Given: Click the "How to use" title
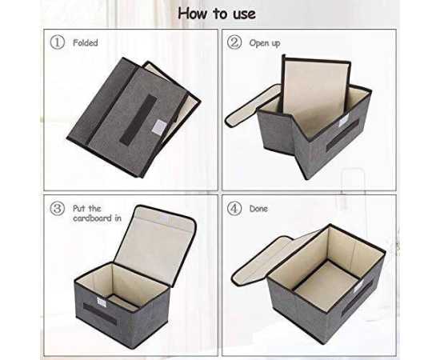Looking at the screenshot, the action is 217,14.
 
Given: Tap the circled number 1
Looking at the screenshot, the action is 58,42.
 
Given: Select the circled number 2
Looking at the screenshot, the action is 234,42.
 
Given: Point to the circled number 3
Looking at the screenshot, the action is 58,209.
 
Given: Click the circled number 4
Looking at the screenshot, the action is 234,209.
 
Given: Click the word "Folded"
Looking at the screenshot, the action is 86,43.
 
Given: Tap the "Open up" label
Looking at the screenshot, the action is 265,43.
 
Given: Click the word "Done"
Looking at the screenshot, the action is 258,209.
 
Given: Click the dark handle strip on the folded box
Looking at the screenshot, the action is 138,118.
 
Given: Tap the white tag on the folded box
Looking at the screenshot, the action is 159,126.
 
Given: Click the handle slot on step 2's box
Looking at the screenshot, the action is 342,135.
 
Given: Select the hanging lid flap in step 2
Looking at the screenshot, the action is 253,106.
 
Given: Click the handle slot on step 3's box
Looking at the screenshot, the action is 100,314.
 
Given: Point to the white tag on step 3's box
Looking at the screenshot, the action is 102,302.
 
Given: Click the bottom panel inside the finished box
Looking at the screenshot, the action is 327,285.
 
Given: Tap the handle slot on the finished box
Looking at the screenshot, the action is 357,298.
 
